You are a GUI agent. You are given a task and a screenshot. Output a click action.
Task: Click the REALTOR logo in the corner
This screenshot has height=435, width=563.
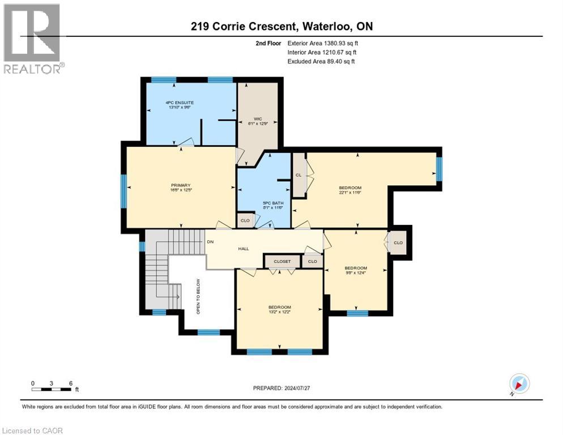click(33, 39)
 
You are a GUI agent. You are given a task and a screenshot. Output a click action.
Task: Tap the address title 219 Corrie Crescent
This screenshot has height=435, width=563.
click(281, 27)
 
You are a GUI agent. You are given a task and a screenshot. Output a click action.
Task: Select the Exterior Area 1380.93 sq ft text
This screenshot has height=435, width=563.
click(323, 42)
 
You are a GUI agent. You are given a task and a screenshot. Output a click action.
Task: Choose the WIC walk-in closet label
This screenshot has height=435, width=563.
click(256, 121)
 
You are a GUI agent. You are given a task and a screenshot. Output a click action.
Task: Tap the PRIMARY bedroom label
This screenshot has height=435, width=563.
click(181, 187)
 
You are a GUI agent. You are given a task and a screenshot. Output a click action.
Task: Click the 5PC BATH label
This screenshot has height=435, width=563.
click(263, 205)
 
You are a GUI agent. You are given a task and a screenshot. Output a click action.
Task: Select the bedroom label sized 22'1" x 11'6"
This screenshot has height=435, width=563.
click(350, 190)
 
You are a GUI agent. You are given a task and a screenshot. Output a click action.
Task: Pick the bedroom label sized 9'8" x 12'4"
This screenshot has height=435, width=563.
click(356, 271)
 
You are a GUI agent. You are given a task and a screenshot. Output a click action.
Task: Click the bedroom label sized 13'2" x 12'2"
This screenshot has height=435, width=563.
click(280, 310)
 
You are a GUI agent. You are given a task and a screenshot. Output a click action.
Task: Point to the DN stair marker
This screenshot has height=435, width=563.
click(210, 242)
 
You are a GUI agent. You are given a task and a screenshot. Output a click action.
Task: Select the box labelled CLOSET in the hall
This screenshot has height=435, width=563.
click(282, 261)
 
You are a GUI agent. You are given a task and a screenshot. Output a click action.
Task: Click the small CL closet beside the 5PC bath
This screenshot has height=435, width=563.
click(298, 175)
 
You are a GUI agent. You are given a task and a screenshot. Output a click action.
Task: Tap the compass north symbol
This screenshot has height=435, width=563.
click(519, 383)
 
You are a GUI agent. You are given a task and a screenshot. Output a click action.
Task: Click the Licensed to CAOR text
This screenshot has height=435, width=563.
click(33, 430)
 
